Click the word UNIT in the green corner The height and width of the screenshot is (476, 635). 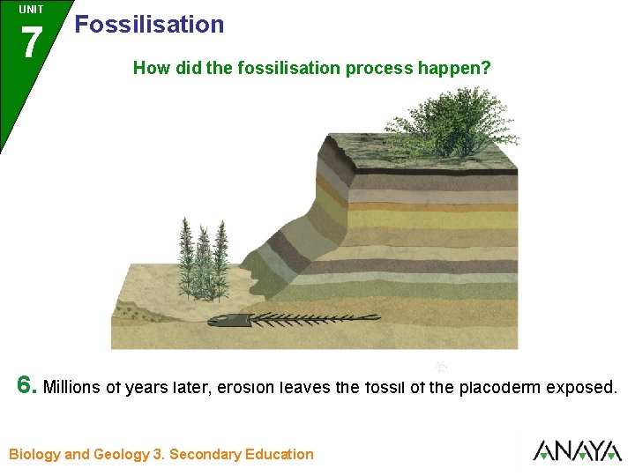click(31, 10)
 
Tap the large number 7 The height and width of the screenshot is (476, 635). click(32, 43)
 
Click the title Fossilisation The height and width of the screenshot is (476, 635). click(149, 25)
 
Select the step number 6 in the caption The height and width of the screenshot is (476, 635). click(27, 385)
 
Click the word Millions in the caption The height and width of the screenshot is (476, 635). click(72, 387)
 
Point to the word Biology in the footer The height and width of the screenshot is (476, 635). click(34, 455)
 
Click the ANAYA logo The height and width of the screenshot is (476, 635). click(577, 451)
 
